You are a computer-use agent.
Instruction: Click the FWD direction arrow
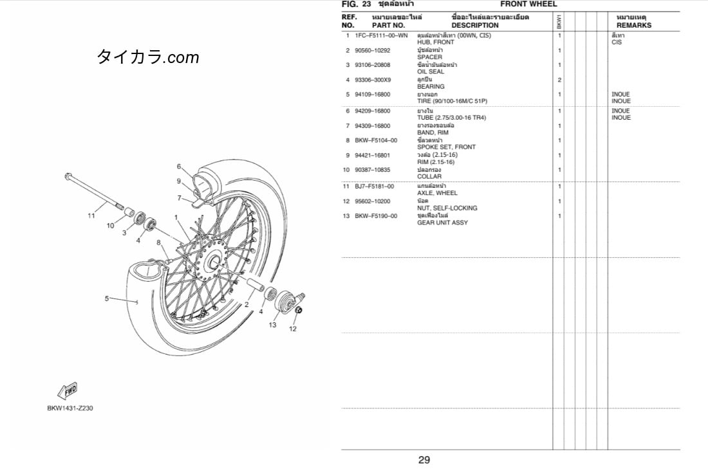coord(68,390)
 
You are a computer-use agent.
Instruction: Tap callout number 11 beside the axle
coord(91,215)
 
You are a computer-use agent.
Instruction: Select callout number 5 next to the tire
coord(107,298)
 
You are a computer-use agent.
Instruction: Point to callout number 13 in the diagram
coord(272,324)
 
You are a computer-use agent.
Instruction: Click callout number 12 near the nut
coord(293,329)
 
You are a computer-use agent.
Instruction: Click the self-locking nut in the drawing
coord(298,310)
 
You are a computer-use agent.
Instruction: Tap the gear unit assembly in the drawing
coord(286,301)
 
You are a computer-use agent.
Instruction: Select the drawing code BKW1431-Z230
coord(70,408)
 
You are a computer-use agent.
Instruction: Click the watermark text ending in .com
coord(147,57)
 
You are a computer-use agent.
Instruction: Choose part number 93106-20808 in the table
coord(373,65)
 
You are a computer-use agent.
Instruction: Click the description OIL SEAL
coord(431,72)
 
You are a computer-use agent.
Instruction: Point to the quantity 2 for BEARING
coord(559,80)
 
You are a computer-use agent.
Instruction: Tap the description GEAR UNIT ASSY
coord(443,223)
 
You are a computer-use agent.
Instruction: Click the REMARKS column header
coord(634,25)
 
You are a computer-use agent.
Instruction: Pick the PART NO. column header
coord(388,25)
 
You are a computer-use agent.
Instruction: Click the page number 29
coord(424,460)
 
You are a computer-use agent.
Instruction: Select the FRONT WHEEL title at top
coord(528,4)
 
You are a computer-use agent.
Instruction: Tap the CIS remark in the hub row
coord(617,42)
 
